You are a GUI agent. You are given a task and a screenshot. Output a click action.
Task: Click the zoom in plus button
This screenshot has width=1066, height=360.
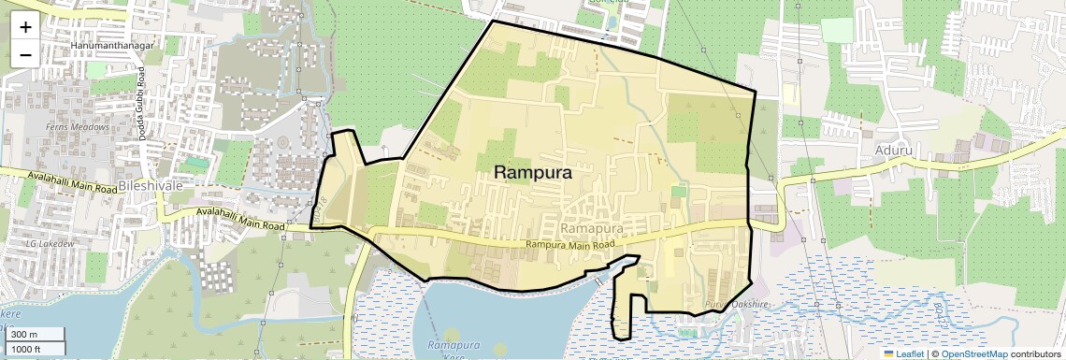25,27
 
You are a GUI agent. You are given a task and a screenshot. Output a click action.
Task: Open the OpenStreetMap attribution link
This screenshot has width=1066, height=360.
973,353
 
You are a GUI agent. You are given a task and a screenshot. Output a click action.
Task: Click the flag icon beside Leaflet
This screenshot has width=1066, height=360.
888,353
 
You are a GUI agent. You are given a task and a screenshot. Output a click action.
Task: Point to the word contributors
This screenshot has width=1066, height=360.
1035,353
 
